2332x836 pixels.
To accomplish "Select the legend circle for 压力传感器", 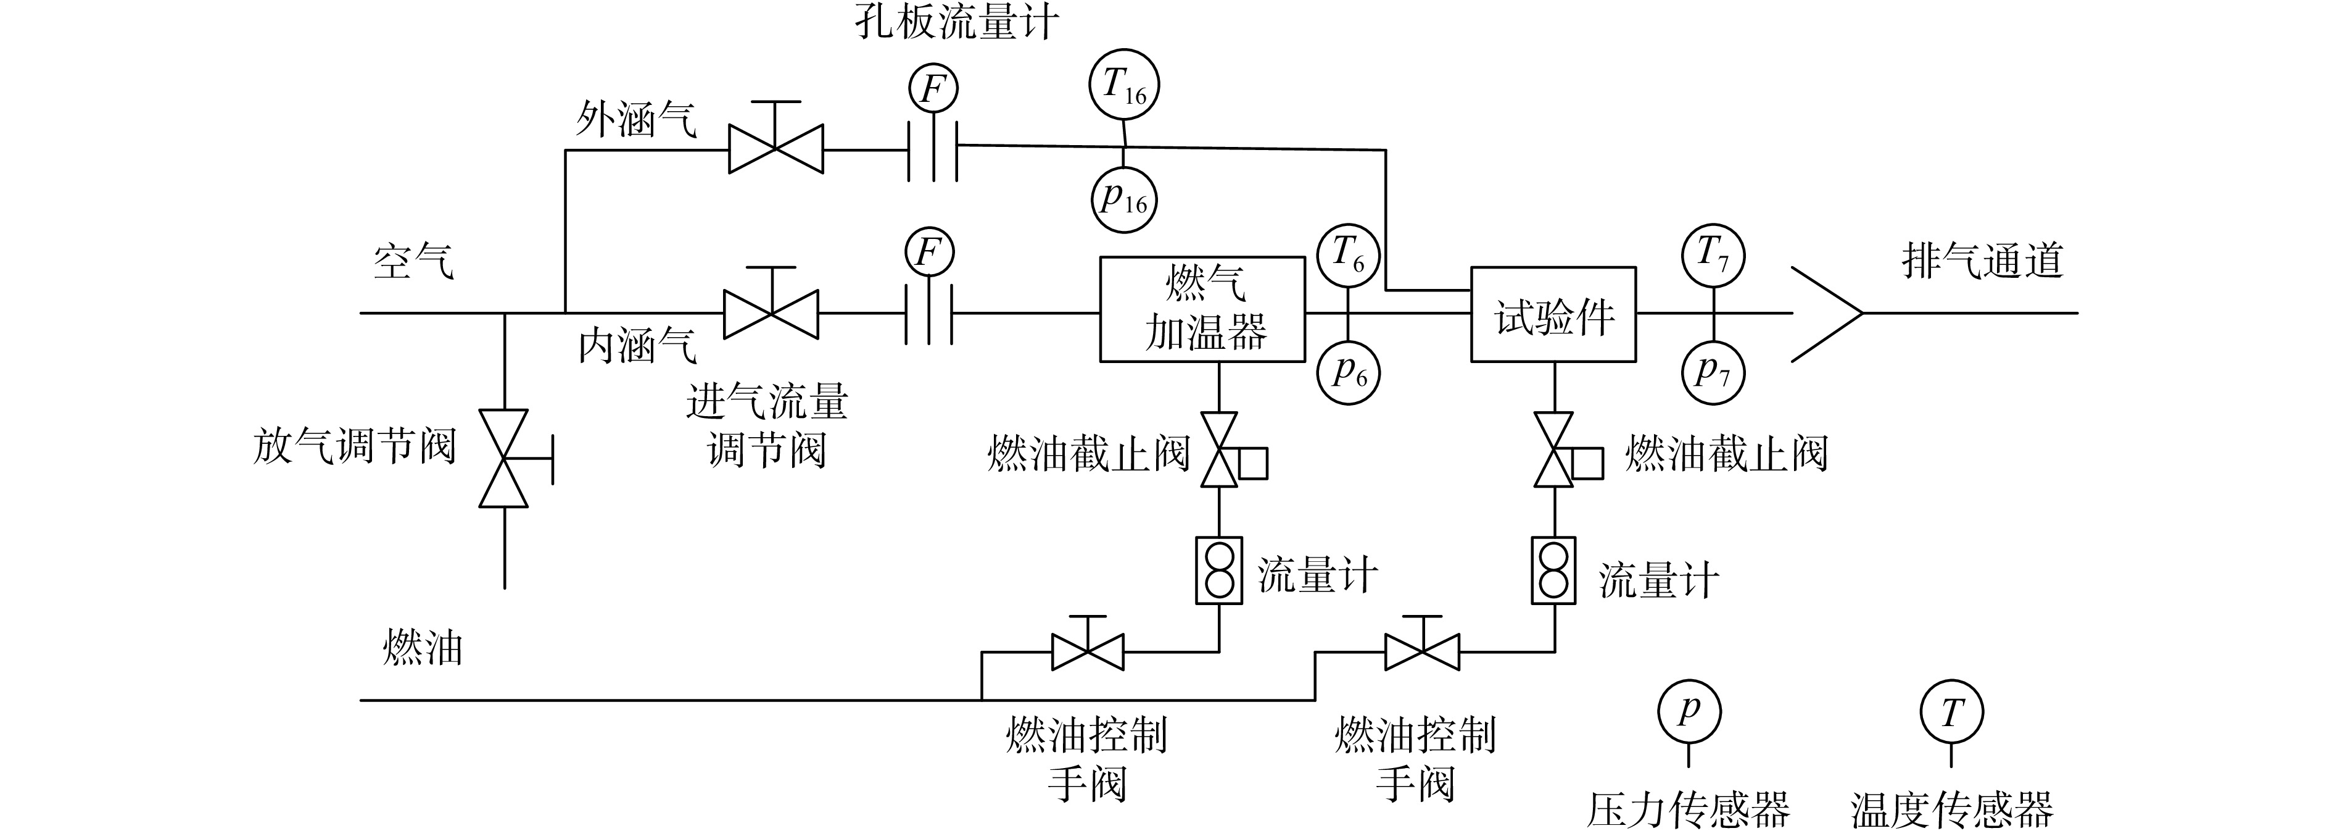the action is (1689, 712).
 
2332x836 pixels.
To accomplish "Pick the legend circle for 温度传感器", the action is (1952, 712).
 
